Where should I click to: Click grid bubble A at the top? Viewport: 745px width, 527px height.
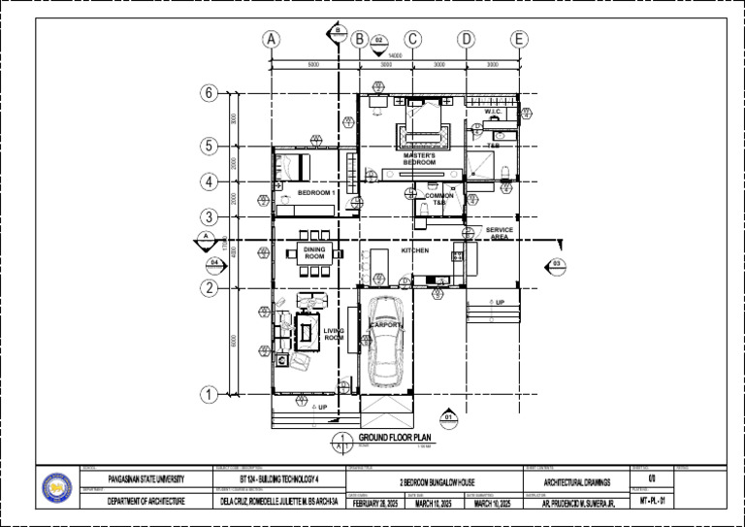pos(271,40)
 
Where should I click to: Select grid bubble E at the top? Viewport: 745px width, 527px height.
pos(519,40)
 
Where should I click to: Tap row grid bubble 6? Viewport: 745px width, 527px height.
pos(209,93)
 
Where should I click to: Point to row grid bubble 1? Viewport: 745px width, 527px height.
pos(209,395)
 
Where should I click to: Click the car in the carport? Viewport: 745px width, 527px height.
pos(387,345)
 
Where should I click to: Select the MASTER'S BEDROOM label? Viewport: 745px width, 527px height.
pos(419,158)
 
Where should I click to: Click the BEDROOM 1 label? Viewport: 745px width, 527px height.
pos(315,193)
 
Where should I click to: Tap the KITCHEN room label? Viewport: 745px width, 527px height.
pos(415,250)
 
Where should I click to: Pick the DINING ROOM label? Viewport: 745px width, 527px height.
pos(314,252)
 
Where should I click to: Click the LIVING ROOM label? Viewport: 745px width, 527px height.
pos(334,334)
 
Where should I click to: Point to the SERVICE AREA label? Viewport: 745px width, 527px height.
pos(500,233)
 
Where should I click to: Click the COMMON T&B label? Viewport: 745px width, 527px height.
pos(439,198)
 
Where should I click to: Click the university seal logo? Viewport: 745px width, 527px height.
pos(58,487)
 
